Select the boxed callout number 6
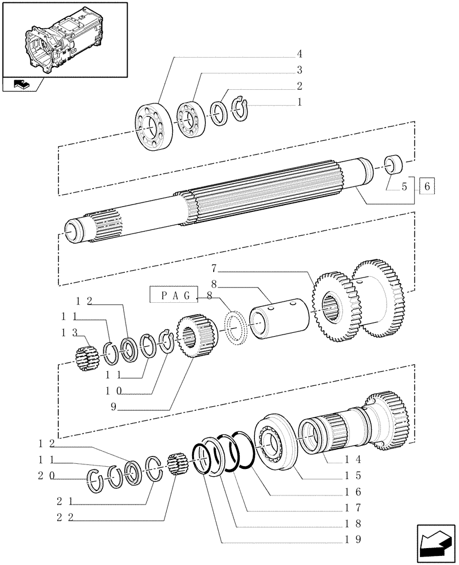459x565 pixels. [x=426, y=185]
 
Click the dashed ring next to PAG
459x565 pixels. [x=236, y=327]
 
